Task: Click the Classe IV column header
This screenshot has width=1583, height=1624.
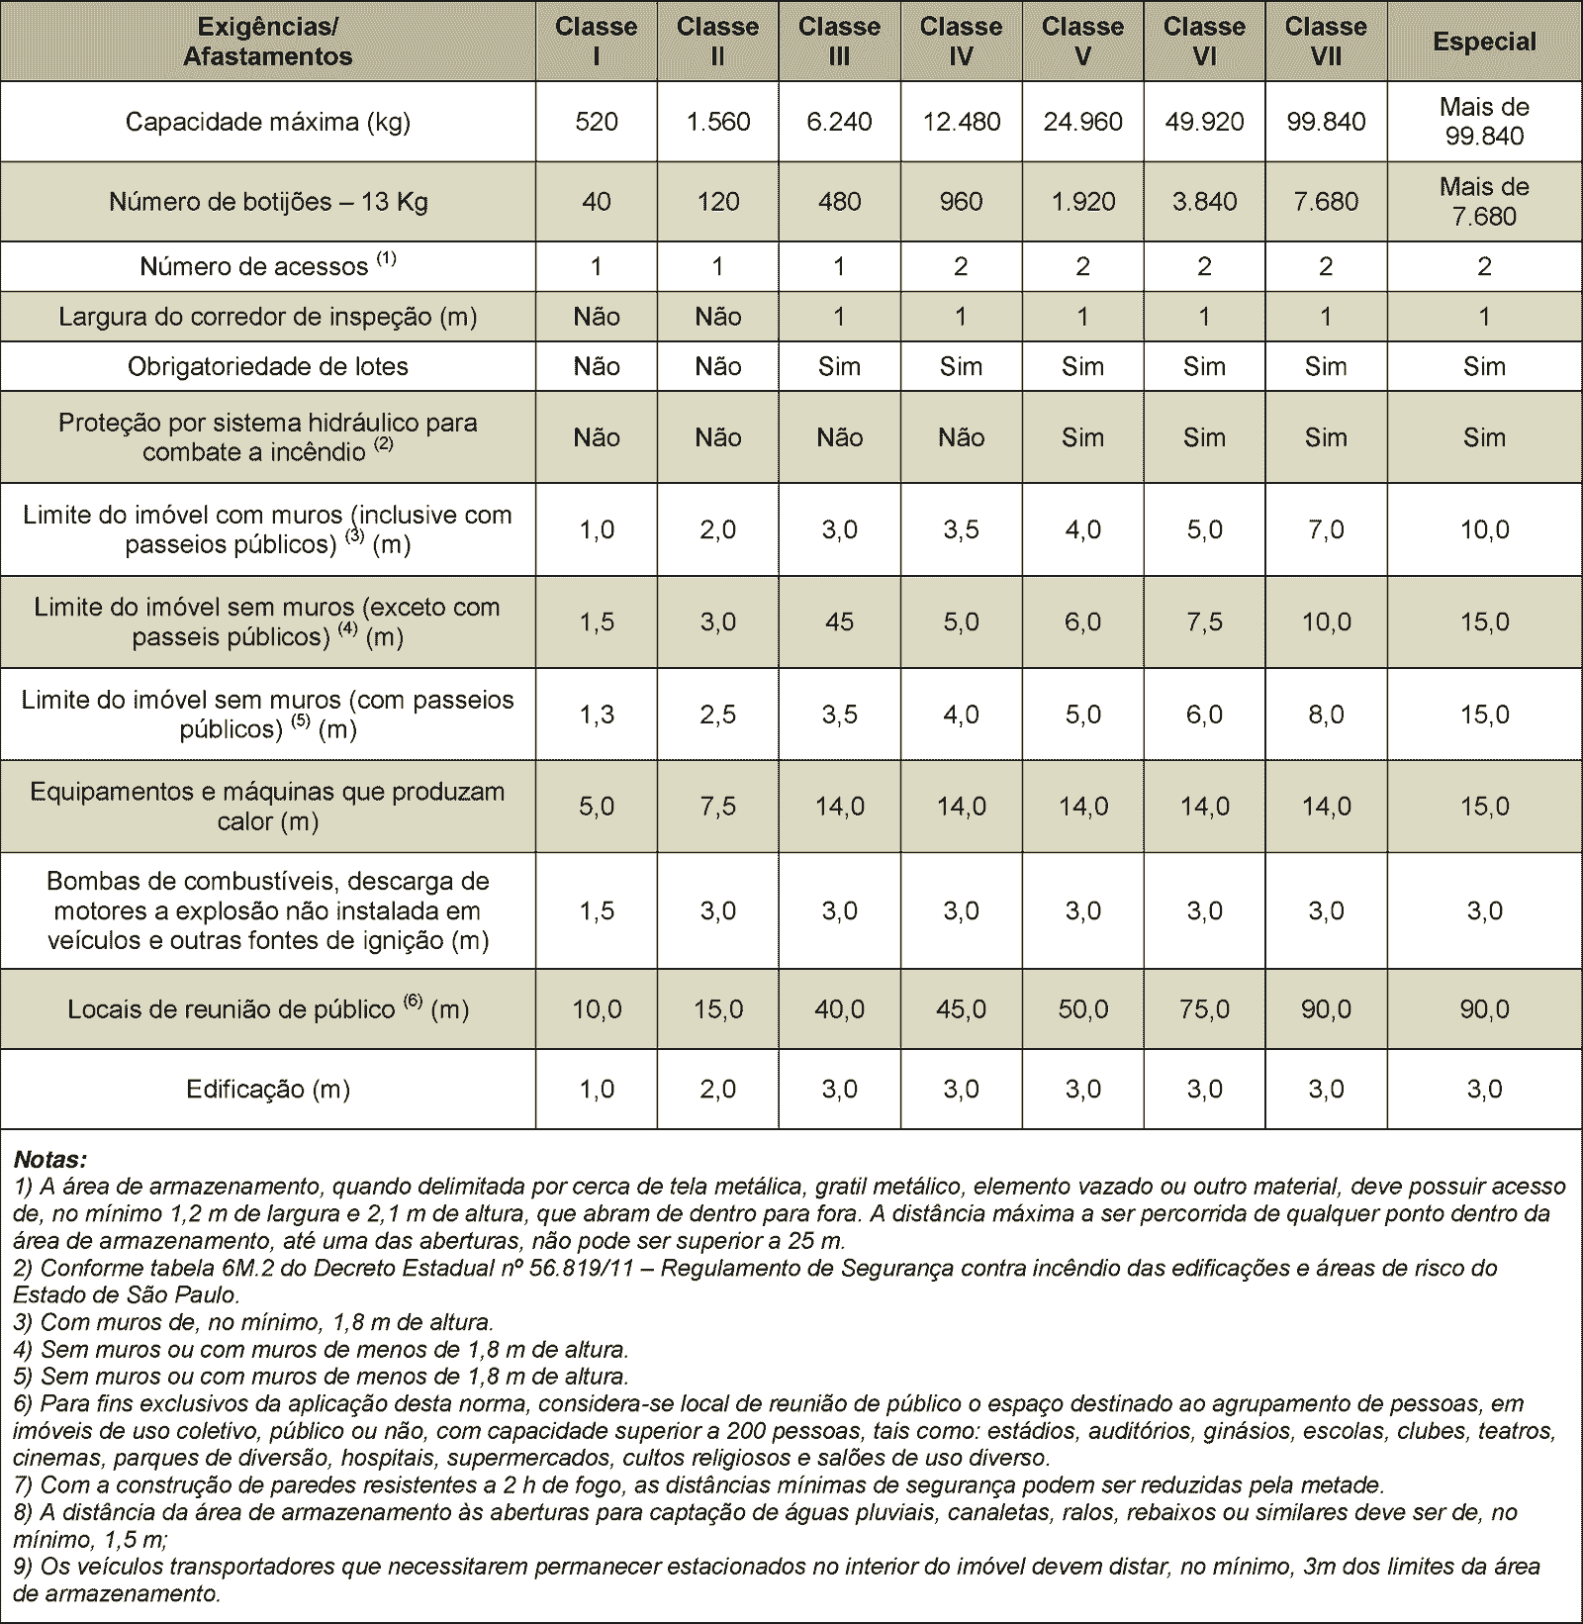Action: coord(961,42)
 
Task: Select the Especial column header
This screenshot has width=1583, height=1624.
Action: coord(1484,42)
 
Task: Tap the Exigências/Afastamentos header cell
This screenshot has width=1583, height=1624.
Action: coord(267,42)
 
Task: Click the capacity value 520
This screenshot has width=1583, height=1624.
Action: coord(597,122)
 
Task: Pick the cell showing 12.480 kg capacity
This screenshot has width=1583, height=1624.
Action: coord(961,122)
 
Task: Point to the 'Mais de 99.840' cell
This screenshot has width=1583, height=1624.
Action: coord(1484,122)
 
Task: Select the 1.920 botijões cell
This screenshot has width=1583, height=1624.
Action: coord(1082,202)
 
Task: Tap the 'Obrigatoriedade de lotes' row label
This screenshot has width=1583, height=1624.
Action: coord(267,366)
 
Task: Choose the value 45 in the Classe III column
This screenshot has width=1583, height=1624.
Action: coord(839,621)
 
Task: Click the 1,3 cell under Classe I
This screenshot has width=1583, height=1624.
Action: coord(597,715)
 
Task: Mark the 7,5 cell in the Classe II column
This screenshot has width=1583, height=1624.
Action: coord(718,807)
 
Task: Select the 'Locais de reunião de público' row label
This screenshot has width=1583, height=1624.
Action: coord(267,1009)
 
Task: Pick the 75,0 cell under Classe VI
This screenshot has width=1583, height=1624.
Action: coord(1204,1009)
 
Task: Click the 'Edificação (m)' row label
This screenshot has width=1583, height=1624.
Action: coord(267,1090)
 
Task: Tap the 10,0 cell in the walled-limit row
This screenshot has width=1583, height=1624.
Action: coord(1484,529)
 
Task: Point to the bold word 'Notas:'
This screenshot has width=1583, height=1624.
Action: coord(50,1158)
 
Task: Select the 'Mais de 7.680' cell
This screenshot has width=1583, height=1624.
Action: coord(1484,202)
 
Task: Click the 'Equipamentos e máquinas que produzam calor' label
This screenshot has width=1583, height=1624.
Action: coord(267,807)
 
